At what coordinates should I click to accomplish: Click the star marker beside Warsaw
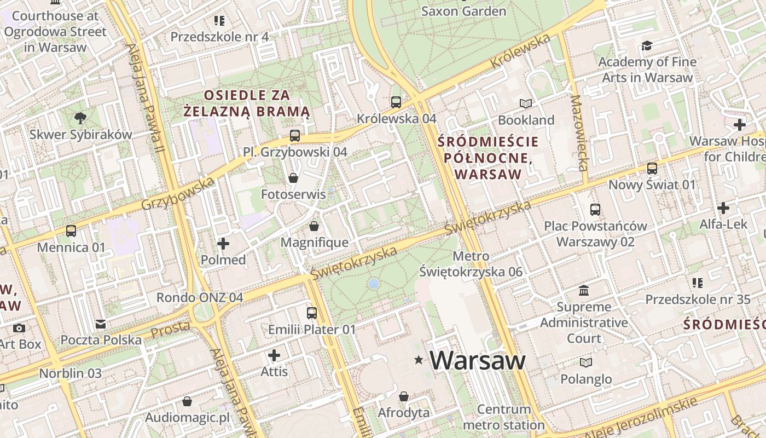point(419,360)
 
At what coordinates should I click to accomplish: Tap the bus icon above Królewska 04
point(396,102)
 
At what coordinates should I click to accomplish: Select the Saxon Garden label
point(463,11)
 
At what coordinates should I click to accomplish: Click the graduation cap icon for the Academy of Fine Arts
point(647,45)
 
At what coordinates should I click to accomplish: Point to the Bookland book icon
point(526,103)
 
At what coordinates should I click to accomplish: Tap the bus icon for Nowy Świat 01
point(652,168)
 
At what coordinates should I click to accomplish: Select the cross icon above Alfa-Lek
point(723,208)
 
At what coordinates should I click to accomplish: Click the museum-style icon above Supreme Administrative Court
point(584,290)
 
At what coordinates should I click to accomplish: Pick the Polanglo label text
point(586,379)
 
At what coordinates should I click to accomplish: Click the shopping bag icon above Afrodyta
point(404,396)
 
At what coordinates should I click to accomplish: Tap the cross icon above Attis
point(274,355)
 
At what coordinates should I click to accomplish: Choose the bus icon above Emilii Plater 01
point(312,313)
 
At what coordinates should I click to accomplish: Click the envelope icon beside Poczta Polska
point(101,324)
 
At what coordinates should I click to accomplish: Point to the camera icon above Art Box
point(19,328)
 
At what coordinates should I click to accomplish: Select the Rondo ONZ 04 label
point(200,297)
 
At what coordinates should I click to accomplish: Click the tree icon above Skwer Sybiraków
point(80,118)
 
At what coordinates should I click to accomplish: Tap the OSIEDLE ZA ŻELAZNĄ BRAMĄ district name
point(246,103)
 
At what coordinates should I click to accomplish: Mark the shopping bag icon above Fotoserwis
point(293,178)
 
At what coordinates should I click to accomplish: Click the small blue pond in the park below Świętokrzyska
point(374,284)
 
